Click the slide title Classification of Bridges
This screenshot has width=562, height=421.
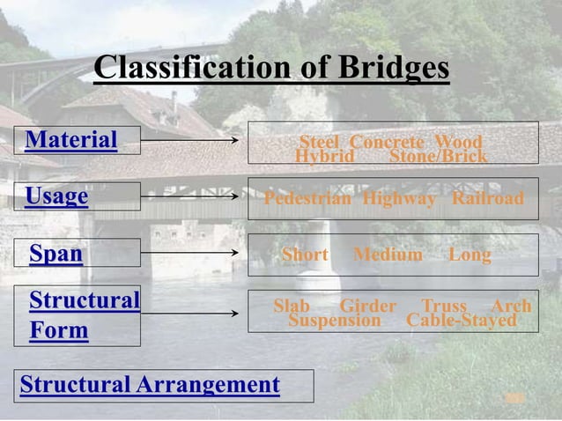[271, 68]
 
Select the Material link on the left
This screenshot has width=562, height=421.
[71, 140]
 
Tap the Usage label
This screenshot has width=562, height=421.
[57, 196]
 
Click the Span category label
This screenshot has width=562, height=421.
[56, 255]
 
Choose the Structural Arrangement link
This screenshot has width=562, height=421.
[150, 385]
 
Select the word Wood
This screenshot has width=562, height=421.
[459, 142]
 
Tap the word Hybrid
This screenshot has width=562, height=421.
[324, 156]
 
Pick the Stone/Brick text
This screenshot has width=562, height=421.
[438, 156]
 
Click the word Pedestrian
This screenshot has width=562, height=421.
[308, 199]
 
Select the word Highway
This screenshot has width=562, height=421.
[399, 199]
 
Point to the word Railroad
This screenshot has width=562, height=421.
[487, 199]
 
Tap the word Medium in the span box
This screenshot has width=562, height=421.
[388, 255]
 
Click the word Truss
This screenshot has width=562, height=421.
[444, 306]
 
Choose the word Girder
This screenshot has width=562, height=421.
[368, 306]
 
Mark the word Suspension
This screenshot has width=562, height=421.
[335, 320]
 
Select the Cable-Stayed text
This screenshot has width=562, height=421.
[461, 320]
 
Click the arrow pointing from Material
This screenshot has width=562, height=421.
[189, 140]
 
